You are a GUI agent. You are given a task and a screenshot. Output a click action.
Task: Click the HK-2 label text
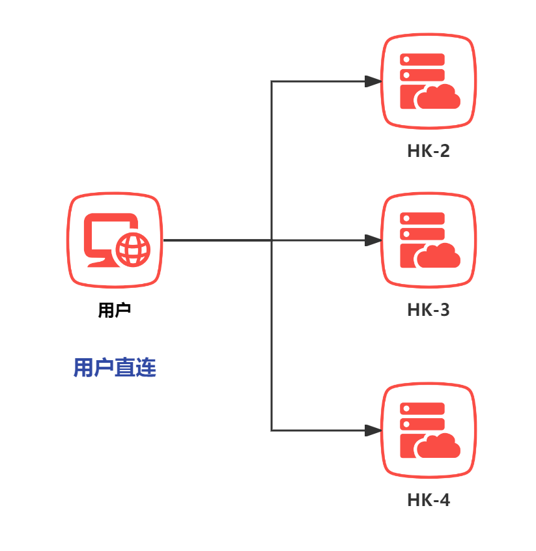pyautogui.click(x=429, y=151)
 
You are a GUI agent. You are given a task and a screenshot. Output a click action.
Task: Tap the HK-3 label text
pyautogui.click(x=429, y=310)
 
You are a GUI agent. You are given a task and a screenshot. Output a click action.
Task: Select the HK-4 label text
pyautogui.click(x=429, y=500)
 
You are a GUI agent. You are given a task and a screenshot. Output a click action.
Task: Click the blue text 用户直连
pyautogui.click(x=115, y=368)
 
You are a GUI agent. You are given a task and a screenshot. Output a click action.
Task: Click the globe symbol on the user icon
pyautogui.click(x=133, y=249)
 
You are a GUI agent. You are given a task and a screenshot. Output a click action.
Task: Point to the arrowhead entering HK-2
pyautogui.click(x=373, y=81)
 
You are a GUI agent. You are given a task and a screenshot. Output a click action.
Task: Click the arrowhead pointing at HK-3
pyautogui.click(x=373, y=240)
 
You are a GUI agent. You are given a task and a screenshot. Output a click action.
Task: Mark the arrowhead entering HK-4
pyautogui.click(x=373, y=431)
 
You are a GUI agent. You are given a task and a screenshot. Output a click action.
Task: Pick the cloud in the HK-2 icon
pyautogui.click(x=438, y=98)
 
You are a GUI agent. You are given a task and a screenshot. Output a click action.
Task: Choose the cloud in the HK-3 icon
pyautogui.click(x=438, y=257)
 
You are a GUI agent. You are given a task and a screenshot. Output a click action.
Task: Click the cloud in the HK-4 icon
pyautogui.click(x=438, y=447)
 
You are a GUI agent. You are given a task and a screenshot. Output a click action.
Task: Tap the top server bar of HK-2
pyautogui.click(x=423, y=60)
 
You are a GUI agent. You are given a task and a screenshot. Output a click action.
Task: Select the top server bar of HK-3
pyautogui.click(x=423, y=219)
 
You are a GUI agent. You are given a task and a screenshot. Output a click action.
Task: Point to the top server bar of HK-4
pyautogui.click(x=423, y=409)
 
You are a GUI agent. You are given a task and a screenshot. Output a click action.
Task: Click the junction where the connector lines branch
pyautogui.click(x=272, y=240)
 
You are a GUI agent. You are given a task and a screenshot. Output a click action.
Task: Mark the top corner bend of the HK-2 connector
pyautogui.click(x=272, y=81)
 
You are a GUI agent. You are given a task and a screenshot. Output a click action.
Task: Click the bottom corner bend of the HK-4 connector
pyautogui.click(x=272, y=431)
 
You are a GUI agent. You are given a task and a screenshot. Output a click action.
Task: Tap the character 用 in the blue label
pyautogui.click(x=83, y=368)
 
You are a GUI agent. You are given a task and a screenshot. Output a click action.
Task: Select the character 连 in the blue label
pyautogui.click(x=147, y=368)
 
